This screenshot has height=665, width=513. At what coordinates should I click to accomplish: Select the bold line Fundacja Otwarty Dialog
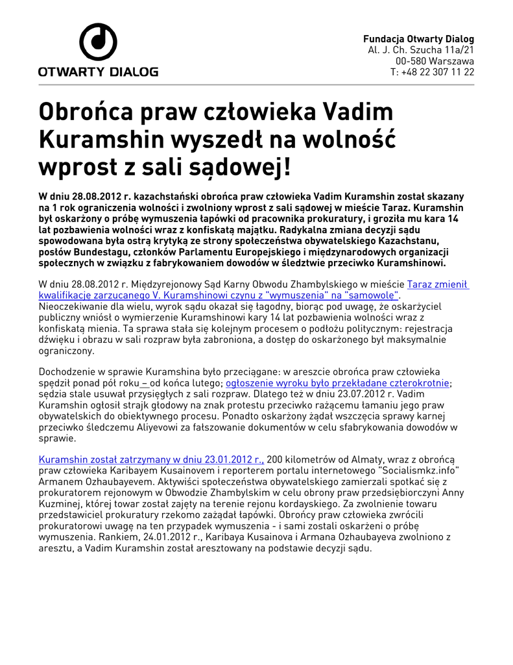418,39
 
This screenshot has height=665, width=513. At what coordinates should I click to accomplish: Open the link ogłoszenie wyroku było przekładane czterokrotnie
337,383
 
